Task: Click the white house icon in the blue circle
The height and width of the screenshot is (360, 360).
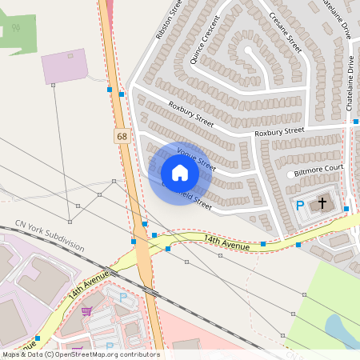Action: [180, 173]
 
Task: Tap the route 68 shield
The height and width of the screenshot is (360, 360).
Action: [122, 137]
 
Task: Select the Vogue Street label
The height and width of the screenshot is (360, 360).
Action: [196, 158]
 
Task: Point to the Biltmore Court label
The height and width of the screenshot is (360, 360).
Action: [318, 169]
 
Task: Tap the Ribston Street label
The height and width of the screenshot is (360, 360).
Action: [169, 19]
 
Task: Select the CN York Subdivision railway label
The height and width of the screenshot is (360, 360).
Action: [50, 236]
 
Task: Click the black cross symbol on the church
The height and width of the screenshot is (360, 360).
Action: [323, 203]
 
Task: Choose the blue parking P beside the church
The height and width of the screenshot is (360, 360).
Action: [301, 206]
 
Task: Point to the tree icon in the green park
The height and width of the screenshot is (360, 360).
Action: [15, 29]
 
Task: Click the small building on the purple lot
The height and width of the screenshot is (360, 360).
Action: [71, 56]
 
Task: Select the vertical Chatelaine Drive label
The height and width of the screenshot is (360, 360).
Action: [350, 84]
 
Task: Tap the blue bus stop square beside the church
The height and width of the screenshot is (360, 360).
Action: [346, 209]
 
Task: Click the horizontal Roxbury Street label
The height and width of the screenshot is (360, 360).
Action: [279, 130]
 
